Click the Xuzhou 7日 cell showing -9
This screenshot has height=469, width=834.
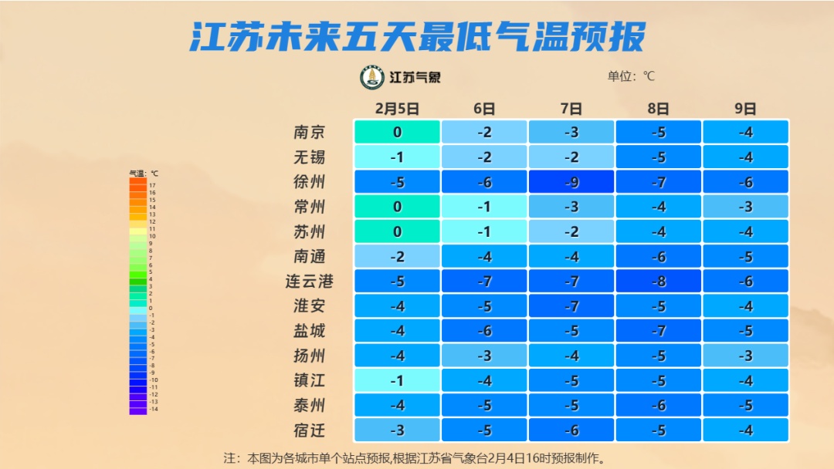571,182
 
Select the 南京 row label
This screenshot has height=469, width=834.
310,132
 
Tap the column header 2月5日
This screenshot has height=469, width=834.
397,109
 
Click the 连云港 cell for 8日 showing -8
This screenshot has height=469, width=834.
659,282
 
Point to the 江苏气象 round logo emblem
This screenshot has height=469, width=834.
372,77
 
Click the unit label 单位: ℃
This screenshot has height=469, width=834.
631,76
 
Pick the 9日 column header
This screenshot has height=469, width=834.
745,109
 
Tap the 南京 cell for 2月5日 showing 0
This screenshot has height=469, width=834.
397,132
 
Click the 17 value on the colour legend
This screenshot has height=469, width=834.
152,185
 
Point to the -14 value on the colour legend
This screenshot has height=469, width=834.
153,410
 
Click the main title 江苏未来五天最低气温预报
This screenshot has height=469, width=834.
417,36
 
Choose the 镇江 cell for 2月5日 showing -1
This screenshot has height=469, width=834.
397,381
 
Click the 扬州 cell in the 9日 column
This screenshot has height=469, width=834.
745,356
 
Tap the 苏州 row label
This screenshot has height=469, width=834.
310,231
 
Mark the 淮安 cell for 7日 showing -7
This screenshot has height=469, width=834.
571,306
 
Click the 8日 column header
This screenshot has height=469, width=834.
659,109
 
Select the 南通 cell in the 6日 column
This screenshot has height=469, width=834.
484,256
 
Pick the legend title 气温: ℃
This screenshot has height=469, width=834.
144,174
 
